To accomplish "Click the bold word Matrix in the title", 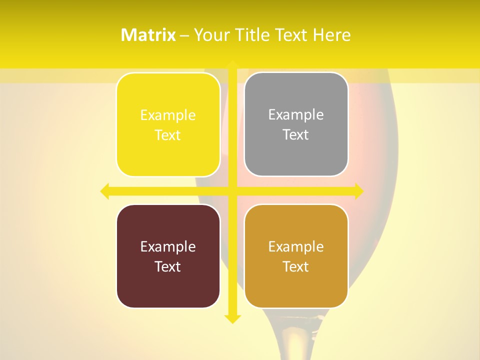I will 148,35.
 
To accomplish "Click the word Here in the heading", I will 331,35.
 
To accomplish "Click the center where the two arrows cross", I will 232,191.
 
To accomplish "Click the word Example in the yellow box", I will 168,115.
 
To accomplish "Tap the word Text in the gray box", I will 296,135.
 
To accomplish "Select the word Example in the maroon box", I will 168,246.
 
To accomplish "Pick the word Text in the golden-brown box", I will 296,266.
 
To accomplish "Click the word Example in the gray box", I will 296,115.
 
